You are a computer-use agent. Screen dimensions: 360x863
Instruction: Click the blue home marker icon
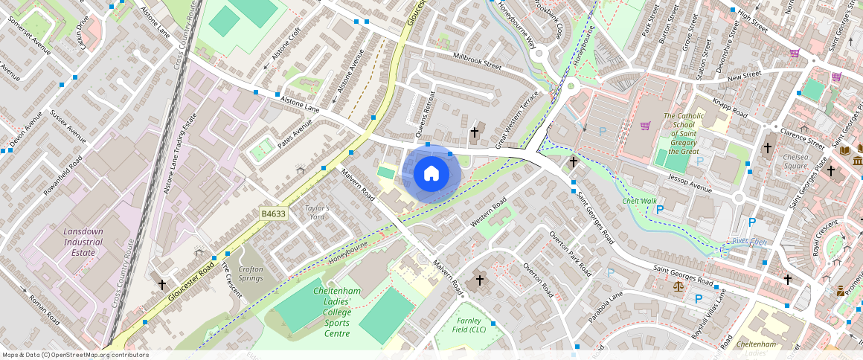tap(431, 174)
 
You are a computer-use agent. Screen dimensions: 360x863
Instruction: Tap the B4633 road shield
tap(274, 214)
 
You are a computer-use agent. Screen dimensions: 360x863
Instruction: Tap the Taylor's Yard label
tap(316, 212)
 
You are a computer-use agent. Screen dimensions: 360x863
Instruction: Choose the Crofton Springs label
tap(251, 274)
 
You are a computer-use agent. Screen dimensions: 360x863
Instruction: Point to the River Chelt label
tap(748, 241)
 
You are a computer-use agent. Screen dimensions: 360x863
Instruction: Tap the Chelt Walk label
tap(639, 201)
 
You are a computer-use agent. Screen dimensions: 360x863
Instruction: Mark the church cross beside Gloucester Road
tap(161, 284)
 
